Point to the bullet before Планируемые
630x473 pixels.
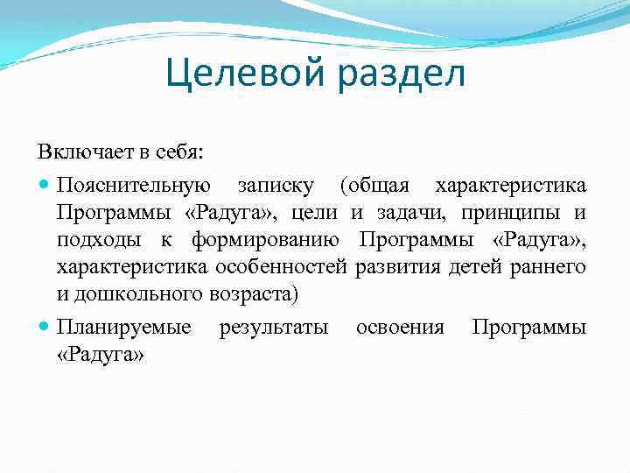45,328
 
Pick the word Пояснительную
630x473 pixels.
133,186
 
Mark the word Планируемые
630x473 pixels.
123,328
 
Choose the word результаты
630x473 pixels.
273,328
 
